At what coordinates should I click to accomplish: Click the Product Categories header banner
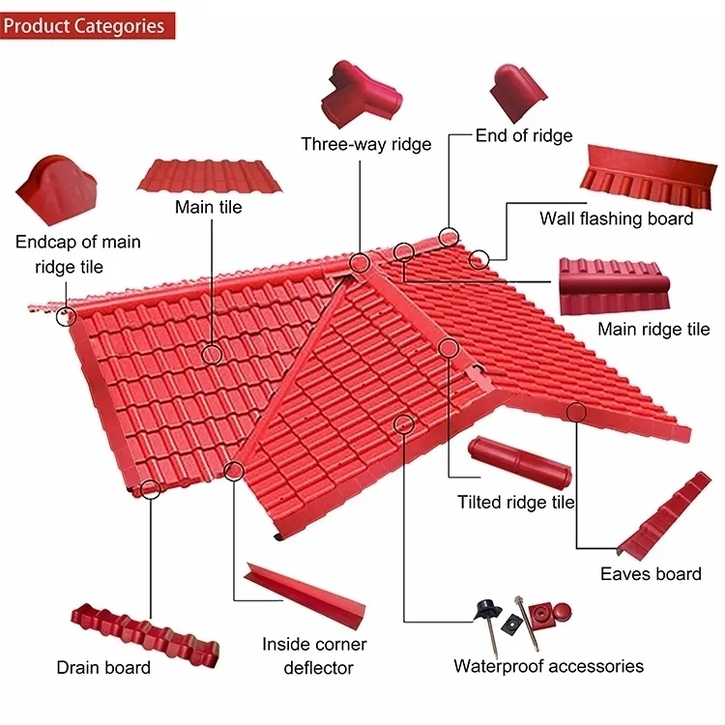87,24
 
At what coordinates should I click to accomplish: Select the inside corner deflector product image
304,594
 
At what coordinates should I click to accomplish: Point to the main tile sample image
210,175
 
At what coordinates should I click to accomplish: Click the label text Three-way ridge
365,144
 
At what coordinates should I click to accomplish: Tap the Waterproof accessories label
548,665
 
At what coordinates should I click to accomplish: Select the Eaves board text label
651,573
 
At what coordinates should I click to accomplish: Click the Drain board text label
103,667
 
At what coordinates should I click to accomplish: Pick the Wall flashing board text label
616,218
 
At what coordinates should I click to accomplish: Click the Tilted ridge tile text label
515,502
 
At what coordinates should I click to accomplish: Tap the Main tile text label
208,207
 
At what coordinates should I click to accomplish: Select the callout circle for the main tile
213,353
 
